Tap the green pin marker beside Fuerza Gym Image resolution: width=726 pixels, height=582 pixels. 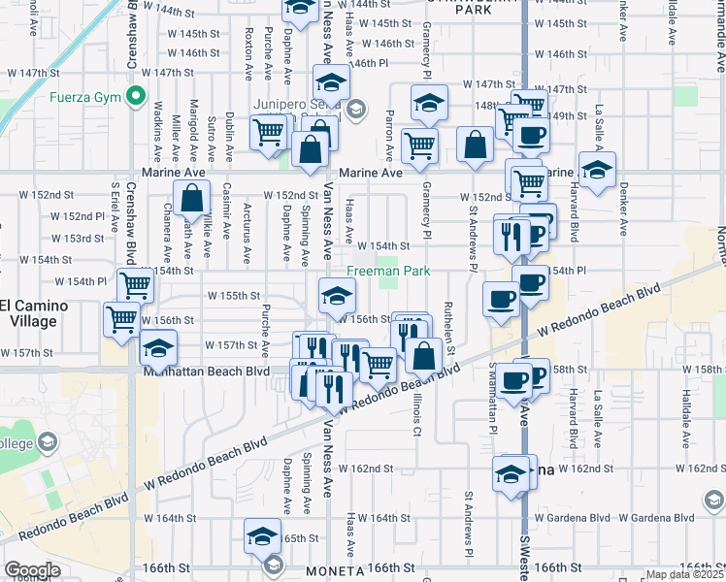tap(136, 97)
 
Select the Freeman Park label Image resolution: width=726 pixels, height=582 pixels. tap(388, 272)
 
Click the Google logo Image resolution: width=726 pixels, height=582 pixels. tap(32, 570)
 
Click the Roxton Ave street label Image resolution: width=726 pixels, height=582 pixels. tap(249, 53)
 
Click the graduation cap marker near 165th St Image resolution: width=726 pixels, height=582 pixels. tap(261, 534)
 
